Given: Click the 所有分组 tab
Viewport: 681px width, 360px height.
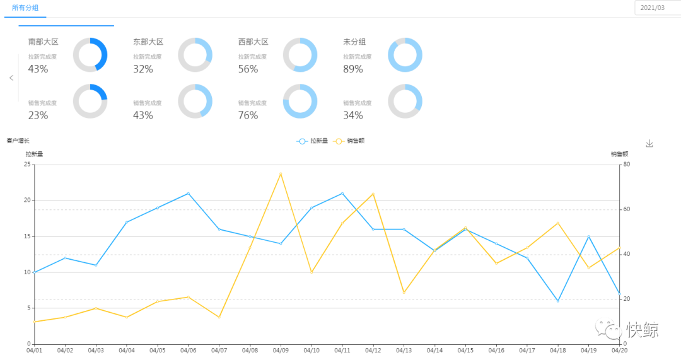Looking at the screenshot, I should (25, 8).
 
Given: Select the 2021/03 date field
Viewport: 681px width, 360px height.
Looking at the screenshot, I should (653, 8).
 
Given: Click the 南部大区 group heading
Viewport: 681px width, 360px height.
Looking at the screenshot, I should (44, 42).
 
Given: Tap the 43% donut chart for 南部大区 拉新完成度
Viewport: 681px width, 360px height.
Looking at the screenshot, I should (90, 55).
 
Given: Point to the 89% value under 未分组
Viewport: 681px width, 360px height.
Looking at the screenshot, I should (353, 69).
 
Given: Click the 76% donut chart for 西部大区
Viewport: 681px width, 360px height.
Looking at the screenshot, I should (300, 101).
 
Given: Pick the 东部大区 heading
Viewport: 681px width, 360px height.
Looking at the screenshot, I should (148, 42).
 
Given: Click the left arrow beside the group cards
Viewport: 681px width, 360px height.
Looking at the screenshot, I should (11, 78).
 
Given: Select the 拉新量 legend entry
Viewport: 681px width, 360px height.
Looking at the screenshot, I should (313, 141).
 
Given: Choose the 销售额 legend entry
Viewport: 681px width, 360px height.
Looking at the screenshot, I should (349, 141).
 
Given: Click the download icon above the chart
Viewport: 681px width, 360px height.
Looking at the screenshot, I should (649, 144).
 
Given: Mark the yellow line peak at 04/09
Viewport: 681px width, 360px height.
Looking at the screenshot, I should (281, 173).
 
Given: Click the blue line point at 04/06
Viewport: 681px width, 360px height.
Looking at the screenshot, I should (188, 194).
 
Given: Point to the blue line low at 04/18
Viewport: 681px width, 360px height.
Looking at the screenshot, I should (558, 301).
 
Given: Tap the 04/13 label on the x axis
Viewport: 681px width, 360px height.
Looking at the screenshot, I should (404, 350).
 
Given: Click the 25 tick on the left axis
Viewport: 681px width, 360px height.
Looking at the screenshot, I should (27, 165).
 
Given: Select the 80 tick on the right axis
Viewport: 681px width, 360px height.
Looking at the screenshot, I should (627, 165).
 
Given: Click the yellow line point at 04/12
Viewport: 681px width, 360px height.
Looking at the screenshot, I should (373, 194).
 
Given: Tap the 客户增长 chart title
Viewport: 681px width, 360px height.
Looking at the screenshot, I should (18, 141).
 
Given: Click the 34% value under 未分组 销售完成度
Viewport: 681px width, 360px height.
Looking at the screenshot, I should (353, 115).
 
